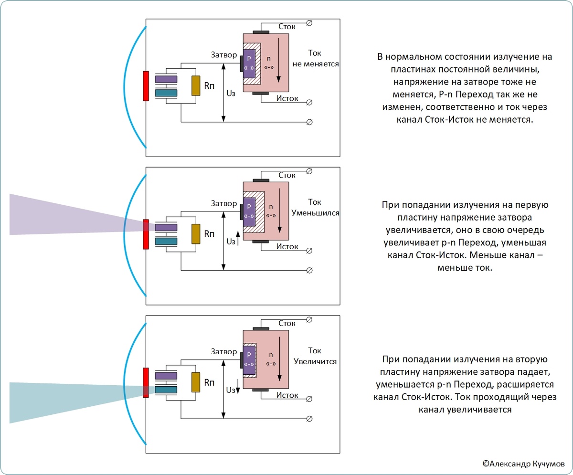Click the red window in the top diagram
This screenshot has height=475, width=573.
(x=146, y=86)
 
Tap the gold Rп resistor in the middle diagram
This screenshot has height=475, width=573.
(x=195, y=233)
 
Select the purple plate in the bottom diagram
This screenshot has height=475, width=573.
(x=166, y=376)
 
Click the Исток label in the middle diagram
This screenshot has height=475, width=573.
(x=287, y=246)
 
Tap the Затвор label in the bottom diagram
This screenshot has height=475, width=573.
(x=224, y=352)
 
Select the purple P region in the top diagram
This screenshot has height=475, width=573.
(x=249, y=63)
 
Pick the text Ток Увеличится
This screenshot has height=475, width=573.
(x=315, y=356)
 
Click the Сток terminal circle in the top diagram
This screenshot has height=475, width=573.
(x=309, y=23)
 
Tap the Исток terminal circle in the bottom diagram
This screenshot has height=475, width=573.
(x=309, y=399)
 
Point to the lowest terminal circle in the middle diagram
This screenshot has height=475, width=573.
(x=309, y=271)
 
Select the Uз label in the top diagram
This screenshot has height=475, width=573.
(x=231, y=94)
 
